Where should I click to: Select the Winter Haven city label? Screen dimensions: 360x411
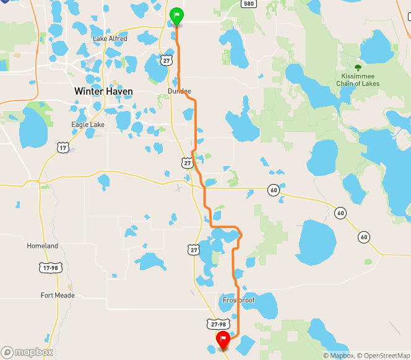click(x=103, y=91)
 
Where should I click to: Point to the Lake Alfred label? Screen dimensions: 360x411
click(x=110, y=39)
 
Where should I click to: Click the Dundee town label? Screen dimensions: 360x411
click(x=180, y=91)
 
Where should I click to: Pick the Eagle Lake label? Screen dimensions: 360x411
click(x=88, y=125)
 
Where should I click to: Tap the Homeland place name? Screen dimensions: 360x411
click(x=42, y=246)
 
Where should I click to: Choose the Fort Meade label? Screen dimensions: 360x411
click(x=58, y=296)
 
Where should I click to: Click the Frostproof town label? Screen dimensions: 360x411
click(x=239, y=300)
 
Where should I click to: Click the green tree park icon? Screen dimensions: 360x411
click(x=358, y=68)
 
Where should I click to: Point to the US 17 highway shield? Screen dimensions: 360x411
click(x=62, y=147)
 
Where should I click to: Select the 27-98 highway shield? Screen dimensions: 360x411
click(x=218, y=324)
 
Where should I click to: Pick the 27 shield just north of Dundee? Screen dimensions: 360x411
click(x=167, y=59)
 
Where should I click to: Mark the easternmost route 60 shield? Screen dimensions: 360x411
click(x=363, y=237)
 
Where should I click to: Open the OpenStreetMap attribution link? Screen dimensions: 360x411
click(x=383, y=355)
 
